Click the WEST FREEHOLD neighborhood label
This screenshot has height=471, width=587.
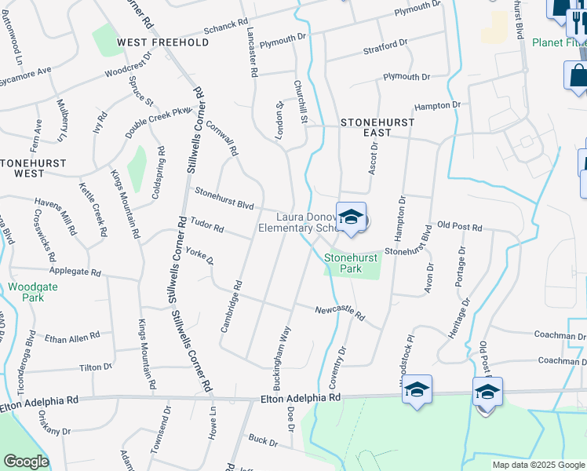163,42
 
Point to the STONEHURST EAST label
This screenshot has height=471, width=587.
366,128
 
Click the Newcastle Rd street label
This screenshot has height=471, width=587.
341,314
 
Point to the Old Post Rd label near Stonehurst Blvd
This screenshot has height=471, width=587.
460,227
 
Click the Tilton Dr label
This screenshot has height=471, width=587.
96,367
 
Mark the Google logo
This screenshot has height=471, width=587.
26,461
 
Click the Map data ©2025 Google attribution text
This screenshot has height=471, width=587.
538,465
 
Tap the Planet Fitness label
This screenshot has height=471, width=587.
558,42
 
